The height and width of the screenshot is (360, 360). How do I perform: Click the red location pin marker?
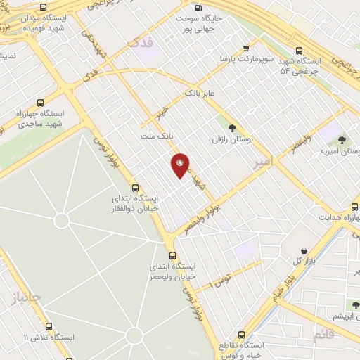pyautogui.click(x=180, y=165)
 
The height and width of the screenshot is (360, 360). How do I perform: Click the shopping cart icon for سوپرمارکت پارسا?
pyautogui.click(x=245, y=49)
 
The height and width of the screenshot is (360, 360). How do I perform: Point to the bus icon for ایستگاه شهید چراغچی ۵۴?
pyautogui.click(x=300, y=51)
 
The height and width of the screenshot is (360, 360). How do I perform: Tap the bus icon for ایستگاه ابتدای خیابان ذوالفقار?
pyautogui.click(x=134, y=187)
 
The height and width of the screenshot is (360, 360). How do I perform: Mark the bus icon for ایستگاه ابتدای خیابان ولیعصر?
pyautogui.click(x=172, y=255)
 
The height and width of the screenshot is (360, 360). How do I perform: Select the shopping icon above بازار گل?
pyautogui.click(x=304, y=250)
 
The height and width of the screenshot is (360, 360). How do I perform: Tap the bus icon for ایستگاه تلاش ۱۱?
pyautogui.click(x=49, y=326)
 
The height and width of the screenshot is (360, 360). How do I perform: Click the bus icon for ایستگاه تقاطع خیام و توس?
pyautogui.click(x=243, y=335)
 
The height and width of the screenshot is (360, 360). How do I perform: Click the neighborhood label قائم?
pyautogui.click(x=323, y=333)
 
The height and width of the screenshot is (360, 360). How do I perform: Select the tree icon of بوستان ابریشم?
pyautogui.click(x=354, y=304)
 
